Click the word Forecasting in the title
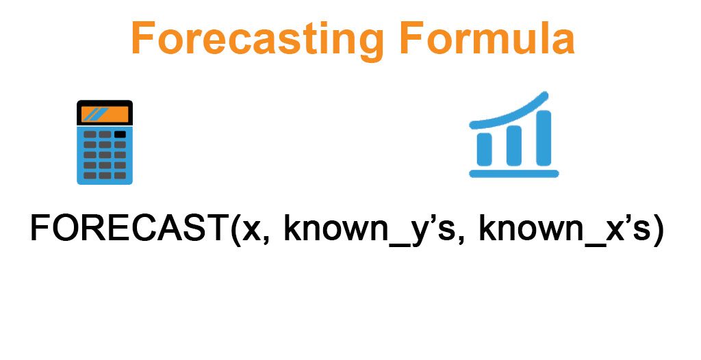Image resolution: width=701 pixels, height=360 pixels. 257,40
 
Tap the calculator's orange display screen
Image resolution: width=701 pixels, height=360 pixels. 105,114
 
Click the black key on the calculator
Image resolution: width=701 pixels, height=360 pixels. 120,134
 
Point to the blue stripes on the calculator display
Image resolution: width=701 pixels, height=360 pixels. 96,114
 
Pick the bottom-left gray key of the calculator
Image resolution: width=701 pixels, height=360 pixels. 90,176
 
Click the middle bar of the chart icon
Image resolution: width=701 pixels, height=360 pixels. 513,145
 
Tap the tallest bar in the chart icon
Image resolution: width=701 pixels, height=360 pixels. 543,137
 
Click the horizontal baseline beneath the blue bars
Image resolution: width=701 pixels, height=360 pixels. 513,174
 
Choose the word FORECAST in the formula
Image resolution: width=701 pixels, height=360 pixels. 129,228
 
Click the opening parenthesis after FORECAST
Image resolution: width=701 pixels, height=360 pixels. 235,229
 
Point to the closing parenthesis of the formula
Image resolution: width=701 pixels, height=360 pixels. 657,229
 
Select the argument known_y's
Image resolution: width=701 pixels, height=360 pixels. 369,229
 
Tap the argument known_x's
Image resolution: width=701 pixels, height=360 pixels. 564,229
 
